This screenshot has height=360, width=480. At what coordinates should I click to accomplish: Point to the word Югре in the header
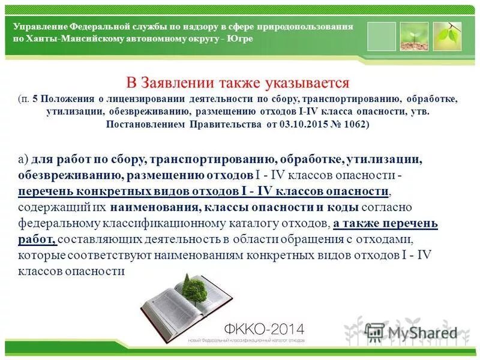click(241, 38)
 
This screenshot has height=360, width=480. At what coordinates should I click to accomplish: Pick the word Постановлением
click(145, 125)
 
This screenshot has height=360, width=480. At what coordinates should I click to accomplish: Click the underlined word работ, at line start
click(37, 239)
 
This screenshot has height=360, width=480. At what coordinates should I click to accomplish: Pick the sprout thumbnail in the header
click(414, 36)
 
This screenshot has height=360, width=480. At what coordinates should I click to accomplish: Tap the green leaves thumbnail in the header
click(447, 36)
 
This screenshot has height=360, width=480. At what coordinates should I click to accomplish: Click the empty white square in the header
click(382, 36)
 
